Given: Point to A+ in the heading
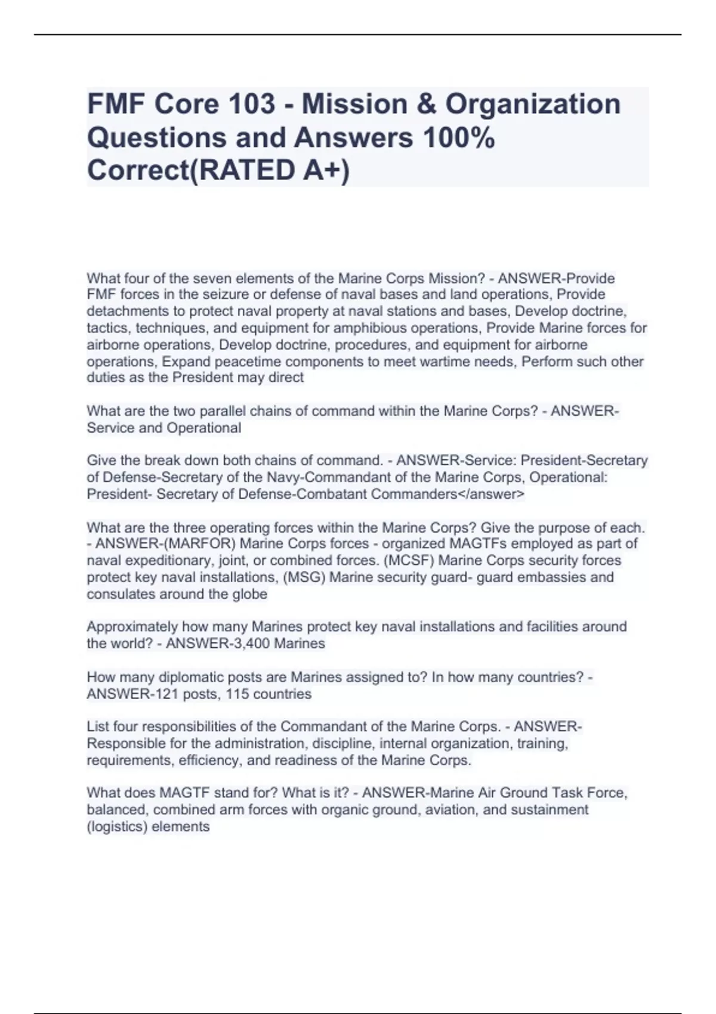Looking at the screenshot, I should click(320, 171).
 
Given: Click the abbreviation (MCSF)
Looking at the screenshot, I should click(410, 560).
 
